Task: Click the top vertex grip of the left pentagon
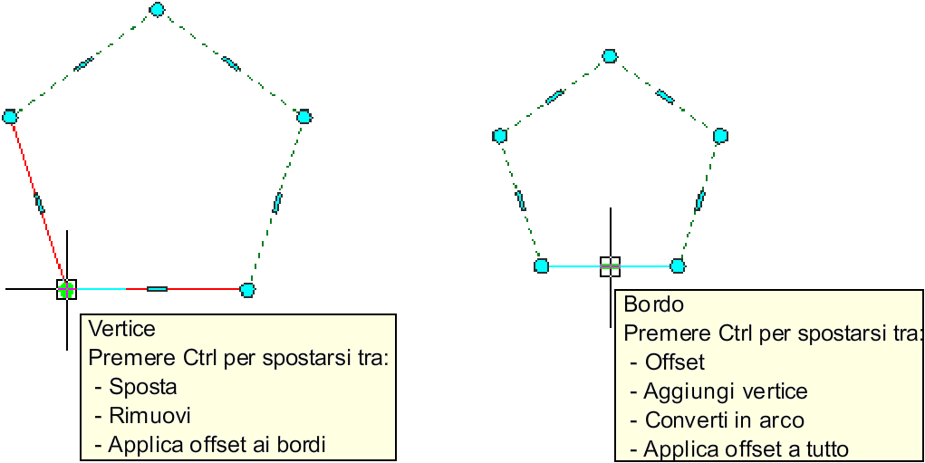click(x=158, y=9)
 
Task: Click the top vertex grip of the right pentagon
click(x=610, y=56)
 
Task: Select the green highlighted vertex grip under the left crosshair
click(x=66, y=289)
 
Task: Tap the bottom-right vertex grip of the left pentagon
click(x=247, y=290)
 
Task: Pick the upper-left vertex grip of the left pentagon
click(x=11, y=116)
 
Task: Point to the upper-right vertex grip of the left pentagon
click(x=304, y=116)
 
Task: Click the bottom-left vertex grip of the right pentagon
click(x=541, y=265)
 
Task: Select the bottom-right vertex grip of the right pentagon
click(x=677, y=265)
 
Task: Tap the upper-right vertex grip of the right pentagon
click(x=720, y=136)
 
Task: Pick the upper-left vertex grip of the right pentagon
click(x=499, y=136)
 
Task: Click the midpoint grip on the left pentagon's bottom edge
click(x=157, y=289)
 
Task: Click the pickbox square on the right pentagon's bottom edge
click(x=610, y=265)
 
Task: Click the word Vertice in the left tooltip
click(x=122, y=329)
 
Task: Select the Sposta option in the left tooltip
click(x=142, y=387)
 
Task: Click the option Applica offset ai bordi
click(x=216, y=445)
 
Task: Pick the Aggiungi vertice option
click(x=725, y=391)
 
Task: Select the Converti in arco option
click(x=724, y=420)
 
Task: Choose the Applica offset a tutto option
click(x=746, y=449)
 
